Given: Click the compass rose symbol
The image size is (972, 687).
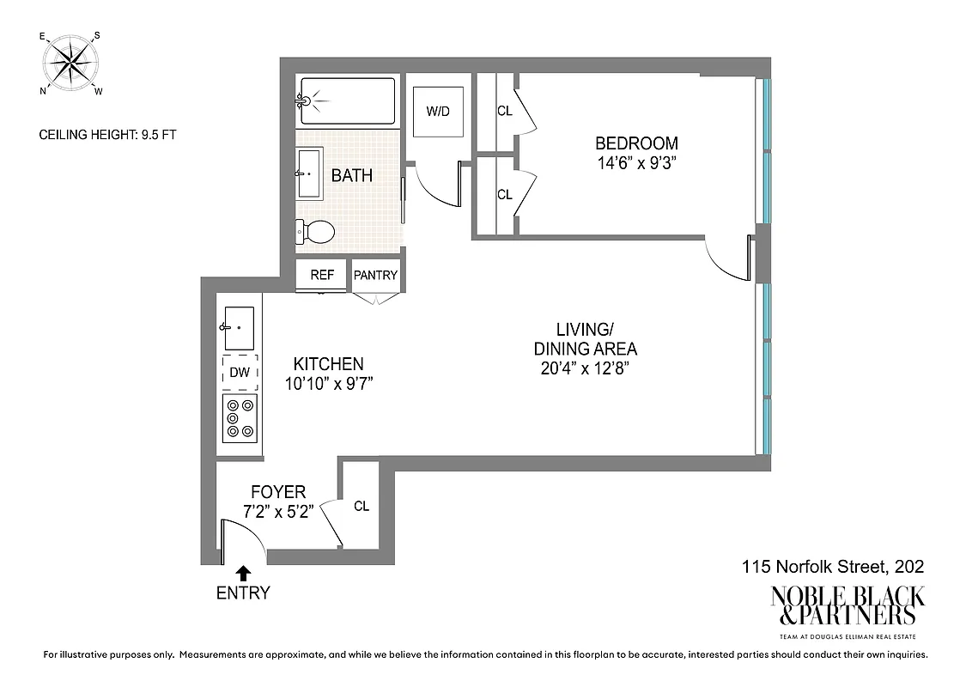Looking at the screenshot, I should click(70, 63).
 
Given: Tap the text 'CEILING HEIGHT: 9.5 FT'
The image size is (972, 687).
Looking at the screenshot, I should click(108, 134).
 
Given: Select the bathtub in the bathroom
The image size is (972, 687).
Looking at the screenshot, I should click(345, 101).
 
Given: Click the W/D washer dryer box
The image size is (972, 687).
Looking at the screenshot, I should click(438, 112).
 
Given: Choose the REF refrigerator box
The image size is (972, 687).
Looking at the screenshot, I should click(322, 276).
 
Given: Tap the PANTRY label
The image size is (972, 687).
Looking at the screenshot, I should click(375, 276).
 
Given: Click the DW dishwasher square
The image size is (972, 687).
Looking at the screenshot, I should click(239, 373).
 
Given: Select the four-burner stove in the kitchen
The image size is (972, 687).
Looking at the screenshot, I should click(240, 417).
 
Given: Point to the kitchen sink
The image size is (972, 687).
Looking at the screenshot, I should click(239, 327).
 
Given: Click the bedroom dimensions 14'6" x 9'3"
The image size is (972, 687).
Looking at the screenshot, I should click(636, 163).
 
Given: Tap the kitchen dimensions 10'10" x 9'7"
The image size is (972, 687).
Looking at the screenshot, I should click(328, 383).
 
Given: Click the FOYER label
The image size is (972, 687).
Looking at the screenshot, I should click(277, 492).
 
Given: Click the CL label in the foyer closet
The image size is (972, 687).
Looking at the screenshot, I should click(361, 506).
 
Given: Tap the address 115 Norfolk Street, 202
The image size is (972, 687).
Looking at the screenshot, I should click(832, 567).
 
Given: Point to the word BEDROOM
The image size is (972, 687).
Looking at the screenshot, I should click(636, 143).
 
